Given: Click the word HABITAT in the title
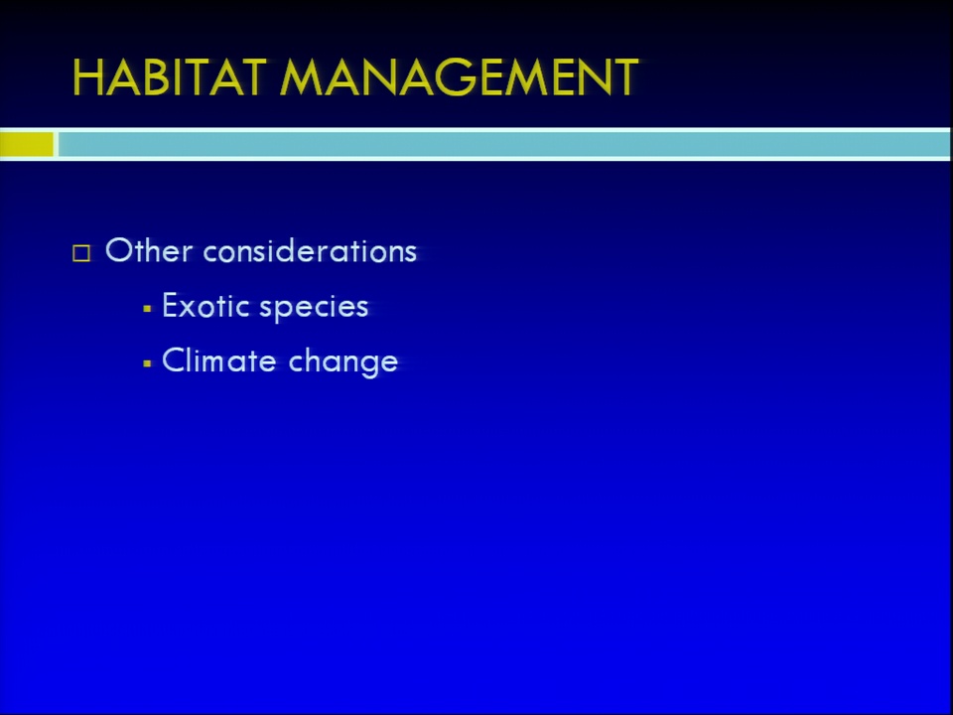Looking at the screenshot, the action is [170, 77].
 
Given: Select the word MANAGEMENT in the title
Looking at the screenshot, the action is [459, 77].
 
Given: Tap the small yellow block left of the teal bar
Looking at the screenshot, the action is [27, 144].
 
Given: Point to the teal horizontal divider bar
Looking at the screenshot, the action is [504, 144].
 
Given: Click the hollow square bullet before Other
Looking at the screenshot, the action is [81, 253].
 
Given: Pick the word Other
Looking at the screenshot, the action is [149, 250].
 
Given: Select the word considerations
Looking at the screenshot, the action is [310, 250].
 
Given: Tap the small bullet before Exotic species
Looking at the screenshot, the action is [147, 309].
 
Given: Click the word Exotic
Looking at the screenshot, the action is [205, 305].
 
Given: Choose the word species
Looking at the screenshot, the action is [314, 308].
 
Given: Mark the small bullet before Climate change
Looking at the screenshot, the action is [147, 363].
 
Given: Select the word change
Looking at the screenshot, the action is [342, 361].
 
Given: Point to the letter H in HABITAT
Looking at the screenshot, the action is [87, 77].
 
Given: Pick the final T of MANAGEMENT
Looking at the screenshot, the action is [622, 77].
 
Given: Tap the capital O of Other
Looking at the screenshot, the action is [118, 250].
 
